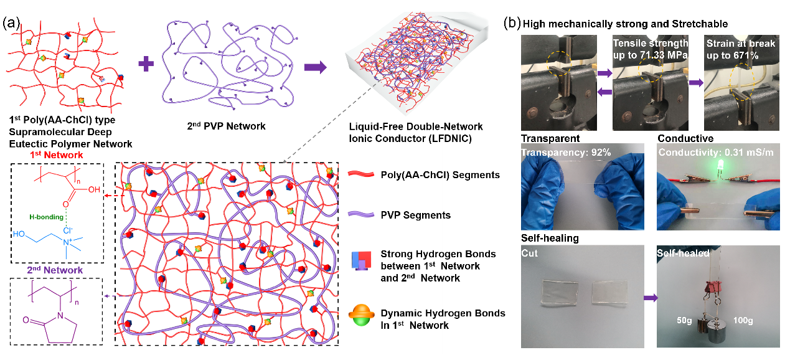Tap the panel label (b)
pyautogui.click(x=512, y=24)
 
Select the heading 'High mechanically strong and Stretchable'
pyautogui.click(x=625, y=24)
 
